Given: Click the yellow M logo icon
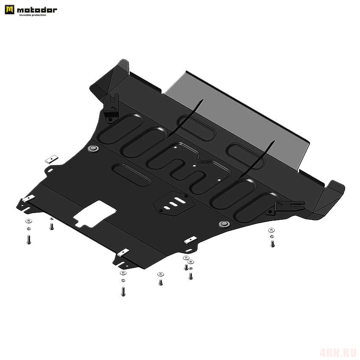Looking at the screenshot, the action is pyautogui.click(x=9, y=10).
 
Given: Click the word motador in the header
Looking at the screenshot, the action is pyautogui.click(x=37, y=10).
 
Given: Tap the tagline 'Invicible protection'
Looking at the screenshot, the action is pyautogui.click(x=33, y=15).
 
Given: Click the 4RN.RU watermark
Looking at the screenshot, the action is pyautogui.click(x=338, y=352).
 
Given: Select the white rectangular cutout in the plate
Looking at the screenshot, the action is pyautogui.click(x=94, y=214).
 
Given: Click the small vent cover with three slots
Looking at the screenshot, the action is pyautogui.click(x=174, y=203).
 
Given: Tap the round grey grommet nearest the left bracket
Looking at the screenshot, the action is pyautogui.click(x=93, y=148).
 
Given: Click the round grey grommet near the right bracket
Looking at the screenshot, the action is pyautogui.click(x=224, y=224).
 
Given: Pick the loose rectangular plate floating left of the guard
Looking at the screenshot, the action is pyautogui.click(x=52, y=159).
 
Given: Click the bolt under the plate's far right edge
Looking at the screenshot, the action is pyautogui.click(x=272, y=244).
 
